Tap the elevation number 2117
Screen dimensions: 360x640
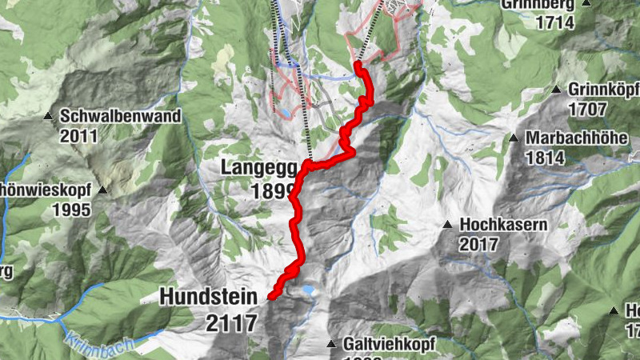(x=232, y=322)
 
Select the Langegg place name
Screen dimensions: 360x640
(x=258, y=169)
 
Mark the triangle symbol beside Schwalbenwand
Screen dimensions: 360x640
(x=49, y=116)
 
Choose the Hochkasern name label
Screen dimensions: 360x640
(x=503, y=225)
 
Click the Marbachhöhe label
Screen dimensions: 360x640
(x=576, y=138)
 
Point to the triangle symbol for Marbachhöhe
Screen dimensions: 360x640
(x=514, y=138)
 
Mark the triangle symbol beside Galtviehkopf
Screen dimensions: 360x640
(x=331, y=345)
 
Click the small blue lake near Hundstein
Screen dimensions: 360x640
(x=307, y=290)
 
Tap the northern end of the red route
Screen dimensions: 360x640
(x=358, y=63)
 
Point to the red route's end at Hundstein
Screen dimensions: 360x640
(x=271, y=297)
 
